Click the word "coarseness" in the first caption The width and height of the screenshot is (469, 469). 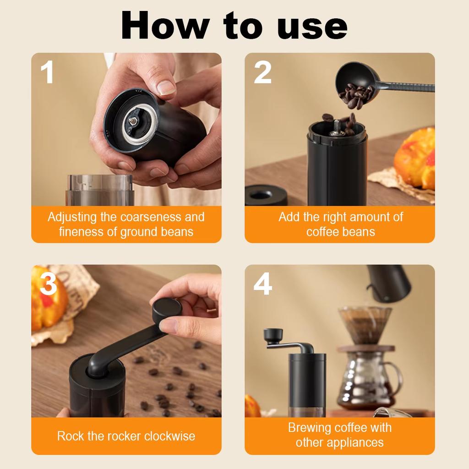coord(151,217)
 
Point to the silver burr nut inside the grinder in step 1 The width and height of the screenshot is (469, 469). coord(133,120)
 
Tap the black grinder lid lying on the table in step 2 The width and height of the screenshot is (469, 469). coord(266,195)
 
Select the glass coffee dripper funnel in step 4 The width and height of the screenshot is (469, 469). coord(365,324)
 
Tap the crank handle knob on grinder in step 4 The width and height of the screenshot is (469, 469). coord(273,335)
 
